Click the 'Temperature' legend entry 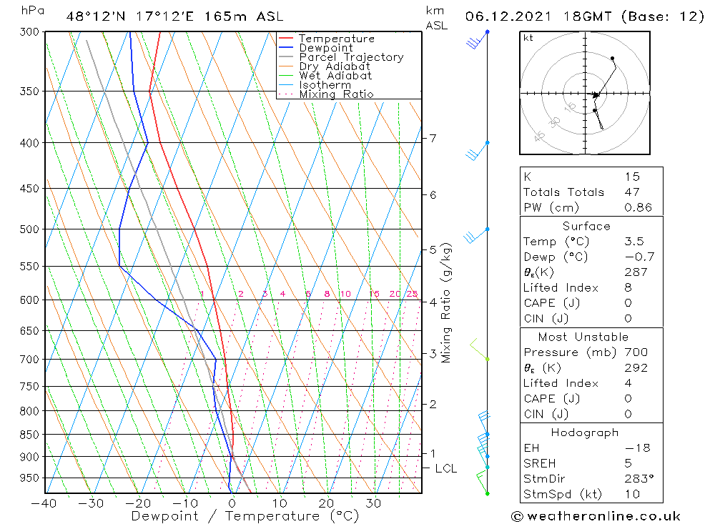point(336,39)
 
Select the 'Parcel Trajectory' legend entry point(350,57)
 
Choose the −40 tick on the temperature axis point(44,503)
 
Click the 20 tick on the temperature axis point(326,503)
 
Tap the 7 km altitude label point(433,138)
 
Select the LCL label point(445,469)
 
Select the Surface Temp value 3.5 point(632,242)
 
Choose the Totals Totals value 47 point(632,192)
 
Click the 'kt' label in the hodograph point(528,38)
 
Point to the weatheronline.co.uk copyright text point(596,515)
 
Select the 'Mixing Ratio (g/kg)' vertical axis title point(447,302)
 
